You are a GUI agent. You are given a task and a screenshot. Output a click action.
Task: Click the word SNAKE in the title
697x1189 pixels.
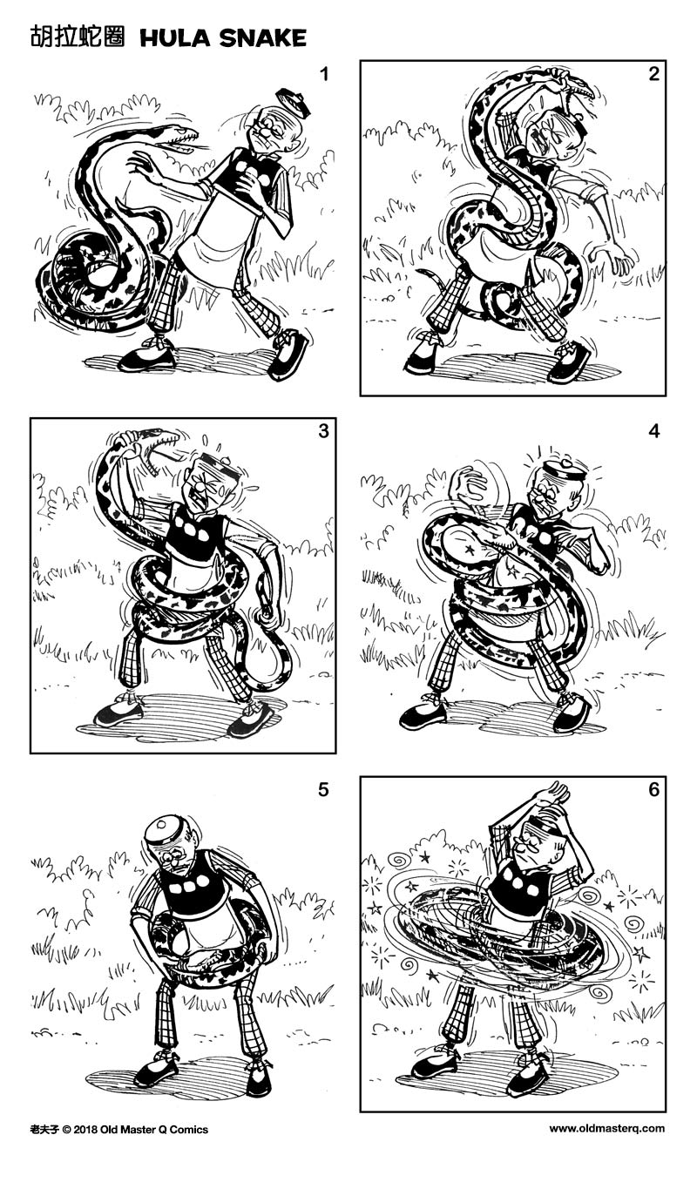coord(264,37)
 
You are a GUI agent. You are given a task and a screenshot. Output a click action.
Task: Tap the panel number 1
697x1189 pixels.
coord(324,74)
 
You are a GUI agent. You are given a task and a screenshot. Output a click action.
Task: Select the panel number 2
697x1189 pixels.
coord(653,74)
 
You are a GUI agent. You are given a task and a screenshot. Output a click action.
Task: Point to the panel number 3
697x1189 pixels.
coord(324,432)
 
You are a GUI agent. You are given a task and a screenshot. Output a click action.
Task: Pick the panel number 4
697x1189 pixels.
coord(653,432)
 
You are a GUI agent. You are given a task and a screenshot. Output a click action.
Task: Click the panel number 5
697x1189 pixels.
coord(324,790)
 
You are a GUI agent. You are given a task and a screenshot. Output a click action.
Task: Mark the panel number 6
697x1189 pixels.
coord(653,790)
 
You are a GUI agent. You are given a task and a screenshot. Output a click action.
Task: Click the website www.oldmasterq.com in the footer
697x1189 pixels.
coord(606,1129)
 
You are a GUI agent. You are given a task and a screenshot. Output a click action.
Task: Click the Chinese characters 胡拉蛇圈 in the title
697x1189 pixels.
coord(77,37)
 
